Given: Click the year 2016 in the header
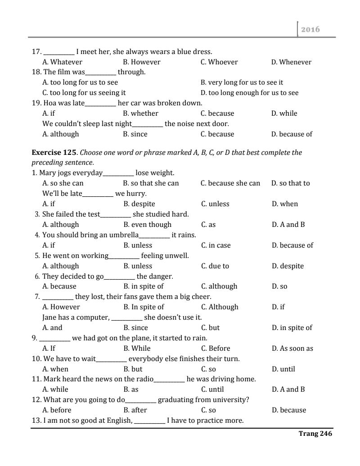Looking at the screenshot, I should [x=310, y=29].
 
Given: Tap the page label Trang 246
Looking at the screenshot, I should [x=315, y=434].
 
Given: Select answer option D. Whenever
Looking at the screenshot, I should [x=291, y=62].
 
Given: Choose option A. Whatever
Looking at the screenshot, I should [x=62, y=62].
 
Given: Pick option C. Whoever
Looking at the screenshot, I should [x=219, y=62].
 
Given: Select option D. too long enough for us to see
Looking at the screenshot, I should [x=249, y=93].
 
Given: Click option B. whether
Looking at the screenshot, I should [x=140, y=113].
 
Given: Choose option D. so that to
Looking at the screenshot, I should [x=291, y=183].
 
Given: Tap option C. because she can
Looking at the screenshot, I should [x=230, y=183].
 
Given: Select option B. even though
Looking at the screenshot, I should [x=148, y=225].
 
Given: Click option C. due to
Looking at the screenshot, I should [x=215, y=266].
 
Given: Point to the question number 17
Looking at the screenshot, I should [x=36, y=52].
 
